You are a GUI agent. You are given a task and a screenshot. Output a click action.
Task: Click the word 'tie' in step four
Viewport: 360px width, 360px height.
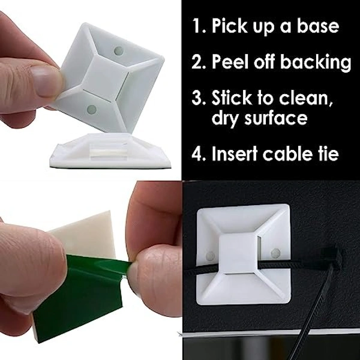338,154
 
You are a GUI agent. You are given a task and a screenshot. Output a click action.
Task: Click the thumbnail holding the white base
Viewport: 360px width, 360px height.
46,83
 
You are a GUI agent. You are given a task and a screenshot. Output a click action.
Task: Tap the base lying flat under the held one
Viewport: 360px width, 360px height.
96,153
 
